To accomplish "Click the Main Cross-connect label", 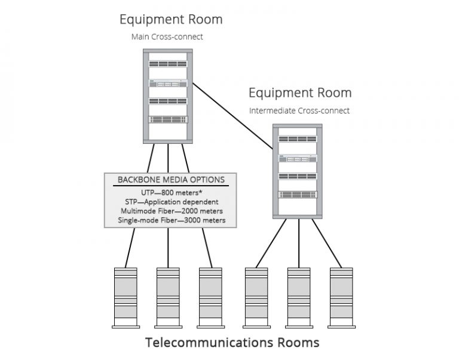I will point(167,37).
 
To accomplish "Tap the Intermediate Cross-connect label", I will point(299,110).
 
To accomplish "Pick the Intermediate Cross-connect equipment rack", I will point(298,170).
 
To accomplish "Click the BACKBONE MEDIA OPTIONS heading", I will point(171,180).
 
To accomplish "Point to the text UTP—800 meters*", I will point(171,193).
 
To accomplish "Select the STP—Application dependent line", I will point(171,202).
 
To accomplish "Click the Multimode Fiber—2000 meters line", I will point(171,211).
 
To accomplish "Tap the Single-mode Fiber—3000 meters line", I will point(171,220).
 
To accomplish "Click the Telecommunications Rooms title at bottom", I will point(232,343).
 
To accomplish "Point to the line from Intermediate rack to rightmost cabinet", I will point(326,242).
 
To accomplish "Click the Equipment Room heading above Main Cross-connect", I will point(171,19).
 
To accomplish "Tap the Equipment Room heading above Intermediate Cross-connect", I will point(300,93).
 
